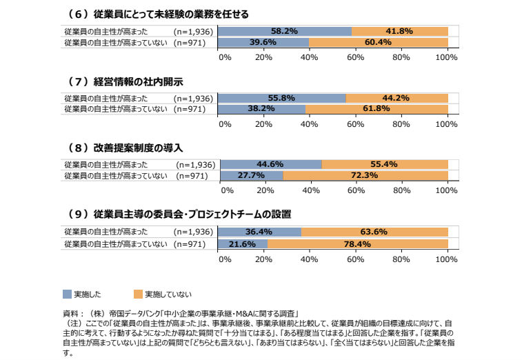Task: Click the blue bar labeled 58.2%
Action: click(x=284, y=31)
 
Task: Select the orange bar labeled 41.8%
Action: click(x=399, y=31)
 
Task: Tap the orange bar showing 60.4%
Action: click(x=378, y=42)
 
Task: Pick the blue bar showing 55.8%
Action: click(x=281, y=98)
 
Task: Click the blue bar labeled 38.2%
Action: click(x=261, y=109)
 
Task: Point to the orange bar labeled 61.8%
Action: click(x=377, y=109)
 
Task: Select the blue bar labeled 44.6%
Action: click(x=270, y=164)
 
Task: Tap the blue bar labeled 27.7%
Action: click(x=250, y=175)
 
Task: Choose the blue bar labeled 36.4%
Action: click(x=259, y=232)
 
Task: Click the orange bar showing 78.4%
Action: click(x=358, y=243)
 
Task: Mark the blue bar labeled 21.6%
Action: click(x=243, y=243)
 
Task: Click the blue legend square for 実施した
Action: click(x=66, y=294)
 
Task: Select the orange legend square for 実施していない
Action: click(x=138, y=294)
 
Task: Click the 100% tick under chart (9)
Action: click(x=447, y=259)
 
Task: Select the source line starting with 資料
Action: click(x=176, y=313)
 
